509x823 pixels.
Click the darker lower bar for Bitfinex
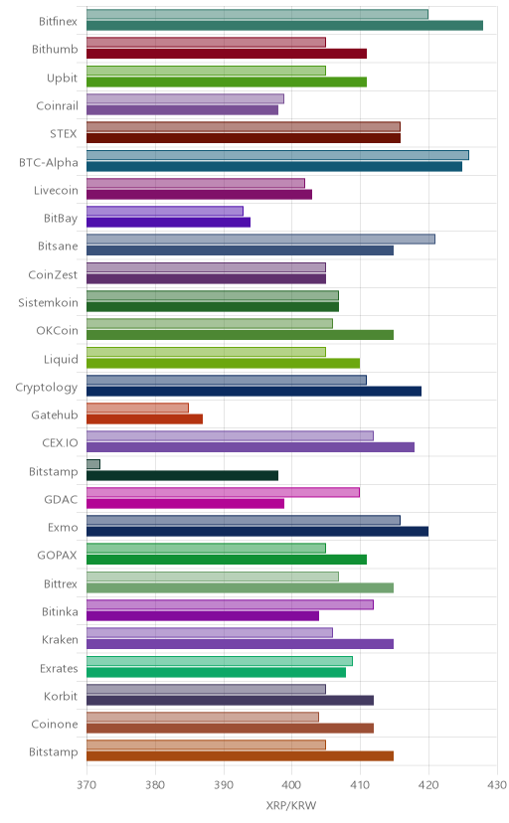[284, 25]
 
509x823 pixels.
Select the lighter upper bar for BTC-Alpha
[277, 155]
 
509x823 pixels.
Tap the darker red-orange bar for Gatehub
[144, 418]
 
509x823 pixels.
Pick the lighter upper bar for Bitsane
[260, 240]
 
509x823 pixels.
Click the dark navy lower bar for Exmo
[257, 531]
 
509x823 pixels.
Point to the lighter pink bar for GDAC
[223, 492]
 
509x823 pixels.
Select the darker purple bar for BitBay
[168, 222]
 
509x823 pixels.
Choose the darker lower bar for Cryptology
[254, 391]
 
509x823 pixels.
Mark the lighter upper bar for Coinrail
[185, 98]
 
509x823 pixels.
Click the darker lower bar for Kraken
[240, 644]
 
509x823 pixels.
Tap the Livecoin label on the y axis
[56, 190]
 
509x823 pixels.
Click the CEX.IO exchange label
[60, 442]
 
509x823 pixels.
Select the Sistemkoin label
[48, 302]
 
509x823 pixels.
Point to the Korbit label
[61, 696]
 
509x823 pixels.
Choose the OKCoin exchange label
[57, 330]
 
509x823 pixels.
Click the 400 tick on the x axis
[291, 784]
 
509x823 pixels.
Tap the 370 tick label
[86, 784]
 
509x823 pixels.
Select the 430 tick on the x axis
[497, 784]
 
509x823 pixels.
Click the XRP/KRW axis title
[291, 806]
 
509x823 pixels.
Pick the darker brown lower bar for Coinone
[230, 728]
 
